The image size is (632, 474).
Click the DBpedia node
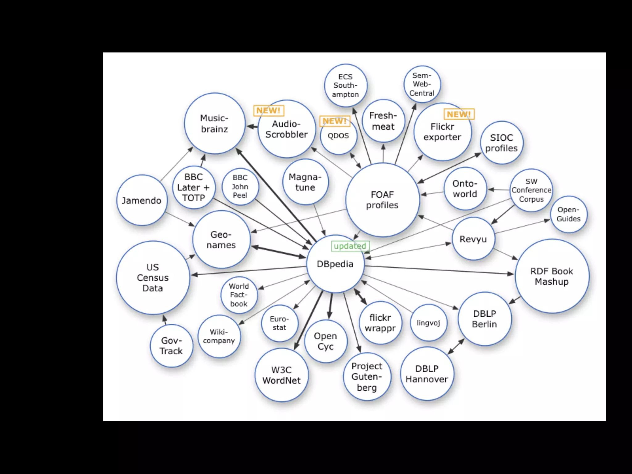coord(335,264)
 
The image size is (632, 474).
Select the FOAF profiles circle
coord(382,200)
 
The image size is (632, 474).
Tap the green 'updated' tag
coord(350,246)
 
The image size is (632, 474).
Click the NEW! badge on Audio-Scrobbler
coord(268,110)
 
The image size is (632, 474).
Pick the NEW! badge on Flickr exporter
coord(459,114)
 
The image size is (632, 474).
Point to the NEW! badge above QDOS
coord(335,121)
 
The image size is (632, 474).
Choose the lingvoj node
coord(428,323)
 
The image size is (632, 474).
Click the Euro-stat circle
coord(280,323)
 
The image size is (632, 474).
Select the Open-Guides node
coord(568,214)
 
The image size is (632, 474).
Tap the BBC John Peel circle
coord(240,186)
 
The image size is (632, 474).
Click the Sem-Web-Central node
coord(422,84)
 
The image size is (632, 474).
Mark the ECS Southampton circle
coord(346,85)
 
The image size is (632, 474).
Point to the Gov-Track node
coord(171,346)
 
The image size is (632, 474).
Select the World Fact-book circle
coord(239,295)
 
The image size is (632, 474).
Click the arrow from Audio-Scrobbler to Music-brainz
coord(252,127)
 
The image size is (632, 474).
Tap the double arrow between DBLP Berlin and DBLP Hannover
coord(456,347)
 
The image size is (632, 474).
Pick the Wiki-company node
coord(219,336)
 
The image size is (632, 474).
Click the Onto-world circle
coord(465,189)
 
